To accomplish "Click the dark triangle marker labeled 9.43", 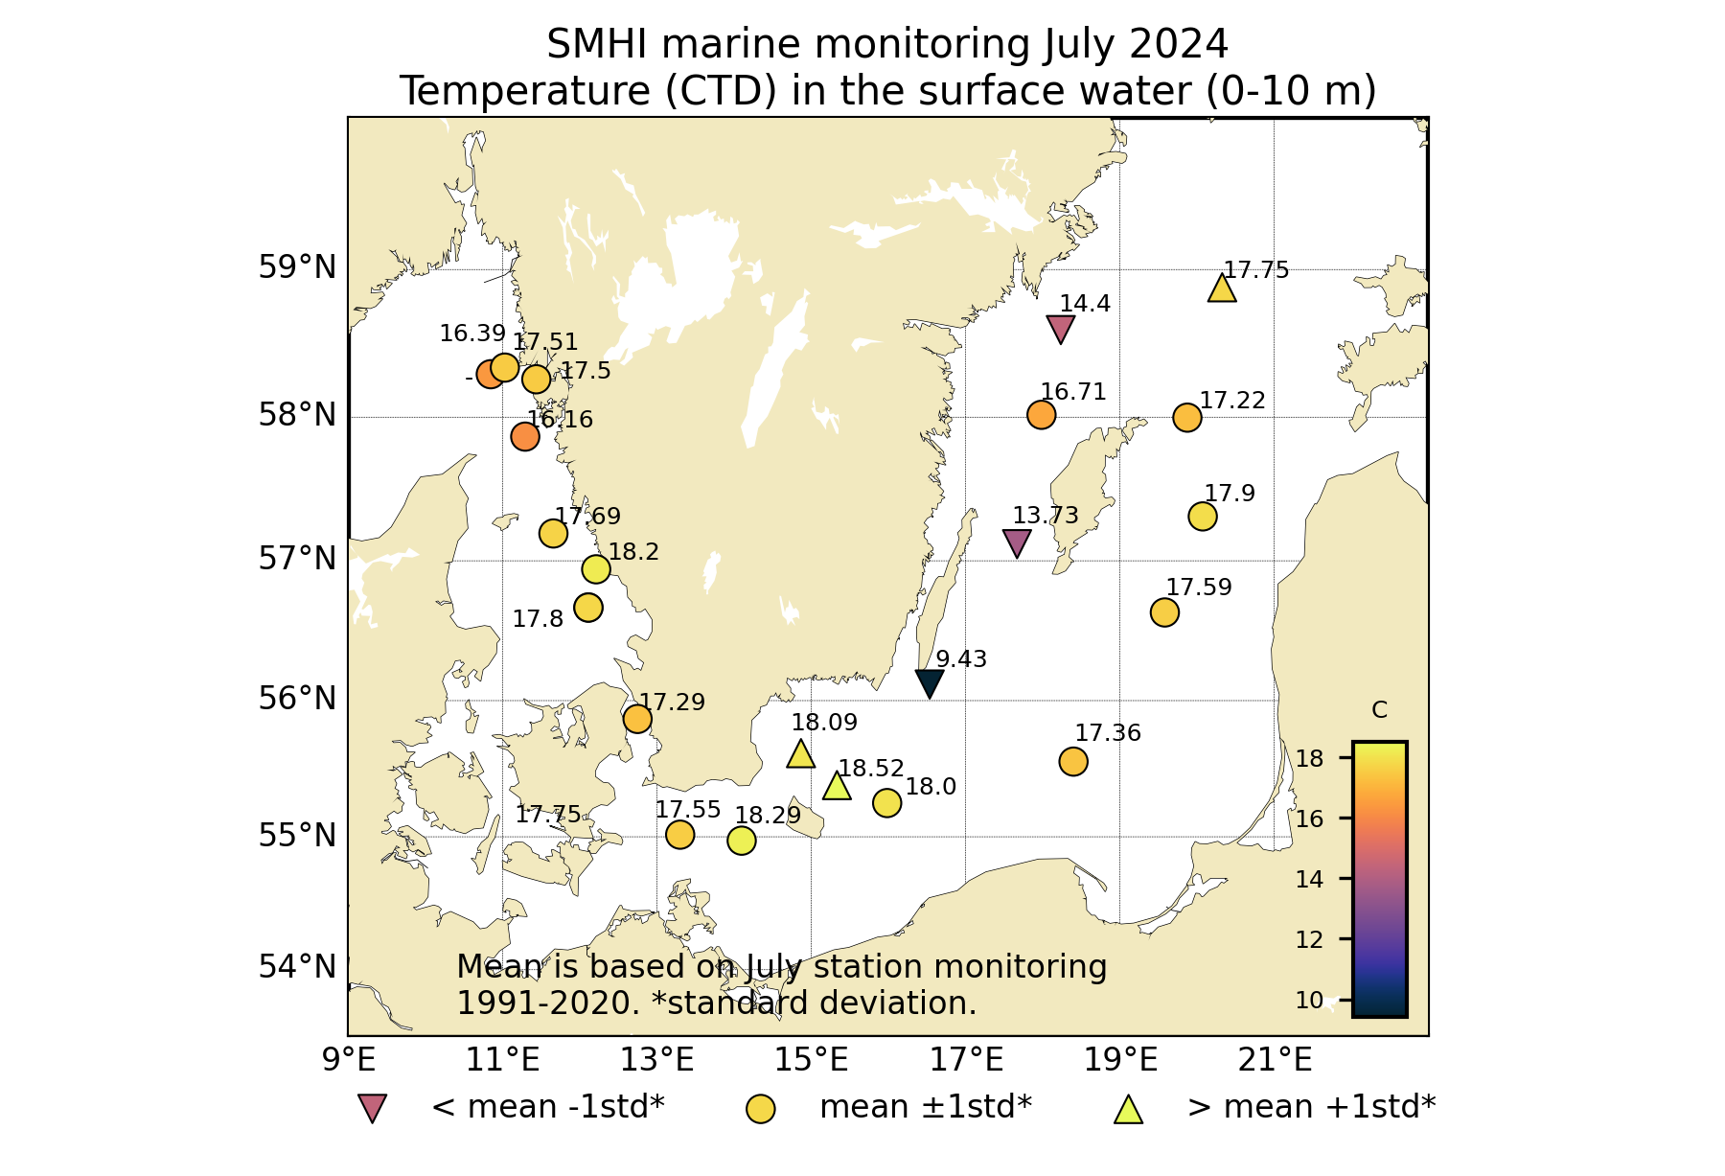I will [x=930, y=682].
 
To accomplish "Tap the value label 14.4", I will [x=1085, y=304].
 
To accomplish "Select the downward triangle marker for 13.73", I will [x=1017, y=542].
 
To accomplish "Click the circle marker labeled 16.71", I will [x=1042, y=415].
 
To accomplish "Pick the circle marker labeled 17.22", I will [x=1187, y=418].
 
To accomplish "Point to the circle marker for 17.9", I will [x=1203, y=517].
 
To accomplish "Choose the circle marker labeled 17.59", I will [x=1164, y=612].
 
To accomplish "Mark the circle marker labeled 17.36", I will [x=1073, y=762].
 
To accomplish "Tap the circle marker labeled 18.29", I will [x=742, y=841].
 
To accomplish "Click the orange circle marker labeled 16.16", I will [x=525, y=436].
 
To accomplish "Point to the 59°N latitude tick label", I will [x=297, y=267].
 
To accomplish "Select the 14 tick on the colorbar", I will [x=1309, y=879].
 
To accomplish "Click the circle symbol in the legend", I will [x=761, y=1109].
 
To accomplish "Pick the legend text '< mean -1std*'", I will [x=548, y=1107].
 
